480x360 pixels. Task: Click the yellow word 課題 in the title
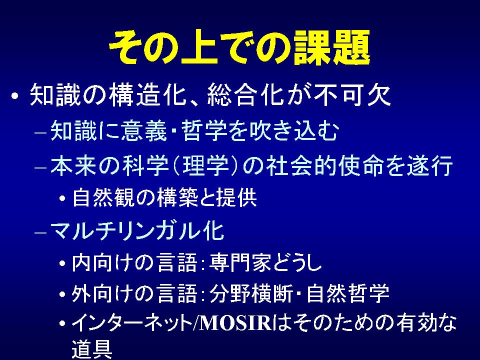pyautogui.click(x=331, y=47)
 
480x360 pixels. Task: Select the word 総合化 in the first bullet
pyautogui.click(x=245, y=94)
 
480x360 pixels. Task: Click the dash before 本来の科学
pyautogui.click(x=40, y=168)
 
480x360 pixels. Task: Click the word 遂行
pyautogui.click(x=429, y=166)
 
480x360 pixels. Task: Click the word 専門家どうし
pyautogui.click(x=265, y=262)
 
